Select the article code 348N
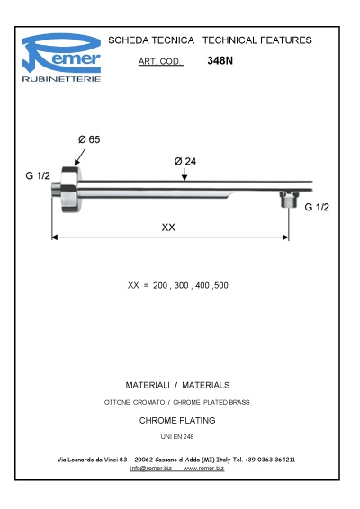pos(220,61)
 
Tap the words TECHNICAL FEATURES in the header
pos(257,40)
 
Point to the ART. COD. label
pos(160,62)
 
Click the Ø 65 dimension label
pos(88,139)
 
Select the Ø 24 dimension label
pos(184,161)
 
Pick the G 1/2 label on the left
pos(38,176)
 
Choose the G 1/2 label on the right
pos(317,208)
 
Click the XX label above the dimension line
pos(168,228)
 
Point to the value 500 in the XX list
pos(220,285)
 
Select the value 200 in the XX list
pos(161,285)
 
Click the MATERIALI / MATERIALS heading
pos(177,384)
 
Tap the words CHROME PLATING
pos(177,420)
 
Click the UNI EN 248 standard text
pos(177,436)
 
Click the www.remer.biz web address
pos(203,469)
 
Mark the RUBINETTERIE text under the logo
pos(61,79)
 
